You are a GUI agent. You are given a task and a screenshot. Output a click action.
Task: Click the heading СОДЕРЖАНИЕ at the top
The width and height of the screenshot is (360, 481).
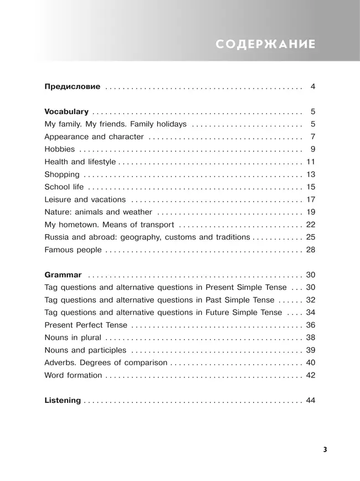(265, 45)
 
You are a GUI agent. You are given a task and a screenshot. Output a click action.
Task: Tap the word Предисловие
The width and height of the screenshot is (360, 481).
(72, 87)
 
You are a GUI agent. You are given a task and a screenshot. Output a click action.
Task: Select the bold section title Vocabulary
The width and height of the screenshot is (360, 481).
(66, 111)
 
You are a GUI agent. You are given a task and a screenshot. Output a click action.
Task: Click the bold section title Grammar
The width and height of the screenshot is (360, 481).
(63, 275)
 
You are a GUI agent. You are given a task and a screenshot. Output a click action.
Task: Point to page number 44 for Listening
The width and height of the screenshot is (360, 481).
(310, 401)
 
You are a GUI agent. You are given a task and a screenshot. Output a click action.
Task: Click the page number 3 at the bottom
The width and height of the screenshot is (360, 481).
(325, 449)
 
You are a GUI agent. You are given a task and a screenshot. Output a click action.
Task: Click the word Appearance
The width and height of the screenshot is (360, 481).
(66, 137)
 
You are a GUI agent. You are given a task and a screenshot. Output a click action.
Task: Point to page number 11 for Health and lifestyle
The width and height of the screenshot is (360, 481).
(310, 162)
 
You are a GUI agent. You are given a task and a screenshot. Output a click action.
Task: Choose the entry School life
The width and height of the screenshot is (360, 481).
(64, 187)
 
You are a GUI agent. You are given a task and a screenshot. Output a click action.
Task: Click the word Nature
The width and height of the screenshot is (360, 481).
(57, 212)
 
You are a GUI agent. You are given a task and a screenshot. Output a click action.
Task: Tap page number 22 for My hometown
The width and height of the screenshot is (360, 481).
(310, 225)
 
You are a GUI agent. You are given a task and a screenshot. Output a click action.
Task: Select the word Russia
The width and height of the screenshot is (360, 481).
(56, 237)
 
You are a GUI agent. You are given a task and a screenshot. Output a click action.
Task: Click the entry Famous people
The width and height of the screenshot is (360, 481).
(73, 250)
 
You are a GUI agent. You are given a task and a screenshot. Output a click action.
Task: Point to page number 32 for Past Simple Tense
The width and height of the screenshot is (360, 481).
(310, 300)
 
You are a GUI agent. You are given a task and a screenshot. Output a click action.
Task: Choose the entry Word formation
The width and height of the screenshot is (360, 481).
(73, 375)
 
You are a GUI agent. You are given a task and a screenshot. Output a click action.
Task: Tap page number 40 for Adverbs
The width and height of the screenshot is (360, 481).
(310, 363)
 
